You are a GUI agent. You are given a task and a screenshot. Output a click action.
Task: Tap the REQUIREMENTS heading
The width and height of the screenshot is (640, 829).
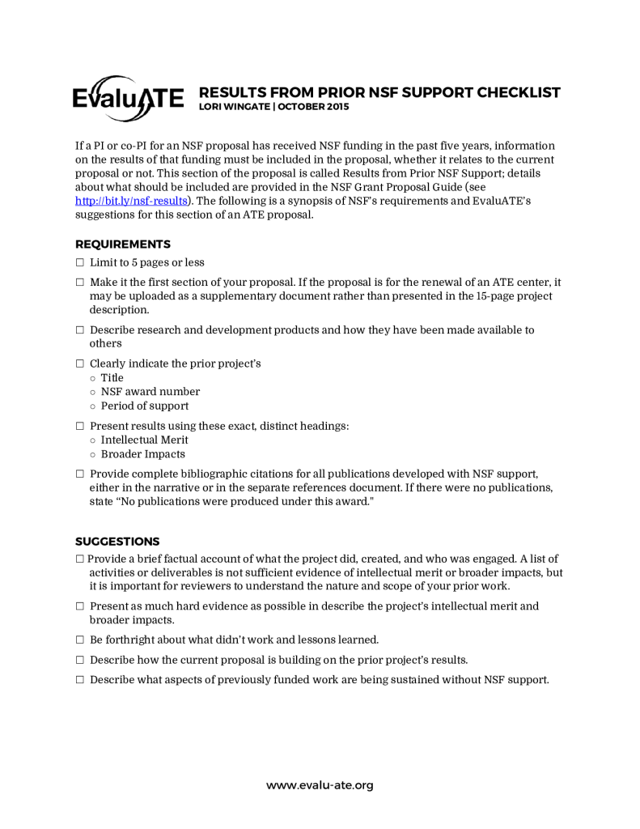point(122,244)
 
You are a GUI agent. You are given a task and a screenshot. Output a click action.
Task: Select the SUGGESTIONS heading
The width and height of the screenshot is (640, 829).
point(117,541)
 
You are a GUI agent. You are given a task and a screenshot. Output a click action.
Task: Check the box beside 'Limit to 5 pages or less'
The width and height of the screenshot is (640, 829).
point(80,263)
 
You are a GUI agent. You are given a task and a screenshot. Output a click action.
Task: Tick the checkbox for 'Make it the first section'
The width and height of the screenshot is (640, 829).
point(80,283)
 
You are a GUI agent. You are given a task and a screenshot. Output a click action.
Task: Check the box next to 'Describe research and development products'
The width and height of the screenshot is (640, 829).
point(80,330)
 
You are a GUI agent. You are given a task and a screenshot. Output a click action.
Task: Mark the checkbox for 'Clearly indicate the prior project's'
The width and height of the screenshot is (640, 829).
point(80,364)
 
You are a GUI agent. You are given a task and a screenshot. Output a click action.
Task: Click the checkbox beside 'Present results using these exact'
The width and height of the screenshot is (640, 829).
point(80,427)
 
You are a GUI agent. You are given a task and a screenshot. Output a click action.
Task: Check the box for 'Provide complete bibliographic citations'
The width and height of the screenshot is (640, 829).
point(80,474)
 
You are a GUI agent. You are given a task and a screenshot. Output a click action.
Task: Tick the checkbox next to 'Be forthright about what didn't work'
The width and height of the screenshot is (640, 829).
point(80,640)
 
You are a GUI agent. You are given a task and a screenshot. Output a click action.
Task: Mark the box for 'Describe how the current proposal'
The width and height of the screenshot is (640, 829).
point(80,660)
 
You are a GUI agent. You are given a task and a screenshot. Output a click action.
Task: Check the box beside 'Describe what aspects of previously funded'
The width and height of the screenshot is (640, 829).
point(80,680)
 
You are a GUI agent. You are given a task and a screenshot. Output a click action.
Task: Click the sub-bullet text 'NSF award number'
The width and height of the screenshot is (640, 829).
point(150,392)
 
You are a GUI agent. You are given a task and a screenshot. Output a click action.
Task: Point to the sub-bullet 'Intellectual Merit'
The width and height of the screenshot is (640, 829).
point(144,440)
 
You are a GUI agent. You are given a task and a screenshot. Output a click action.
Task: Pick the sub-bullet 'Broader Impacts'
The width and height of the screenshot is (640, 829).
point(142,454)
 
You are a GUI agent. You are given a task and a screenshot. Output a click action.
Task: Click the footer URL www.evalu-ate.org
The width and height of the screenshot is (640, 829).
point(320,784)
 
